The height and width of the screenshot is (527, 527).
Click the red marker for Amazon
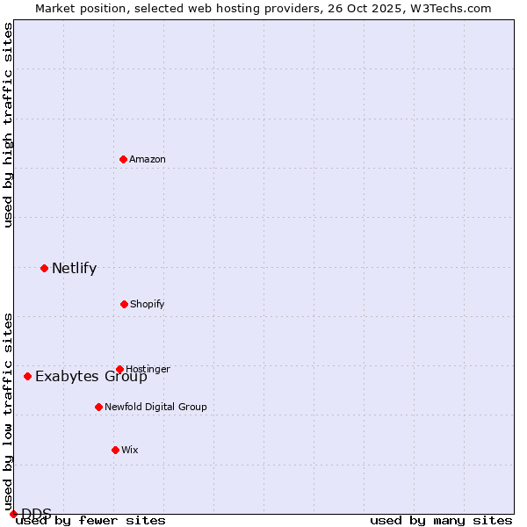pos(124,159)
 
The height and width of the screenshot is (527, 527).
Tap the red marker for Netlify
pos(44,268)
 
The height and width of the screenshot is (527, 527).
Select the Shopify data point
pos(124,304)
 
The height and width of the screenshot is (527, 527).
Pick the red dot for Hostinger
pos(119,369)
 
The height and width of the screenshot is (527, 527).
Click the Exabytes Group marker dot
pos(27,376)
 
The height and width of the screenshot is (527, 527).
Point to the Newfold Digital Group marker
pos(98,407)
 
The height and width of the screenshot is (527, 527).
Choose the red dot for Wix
pos(115,450)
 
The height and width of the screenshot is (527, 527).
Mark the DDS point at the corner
pos(13,514)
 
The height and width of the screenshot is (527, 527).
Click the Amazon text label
pos(148,159)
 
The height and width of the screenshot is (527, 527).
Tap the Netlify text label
pos(74,269)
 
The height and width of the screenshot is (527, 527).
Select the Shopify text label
pos(148,304)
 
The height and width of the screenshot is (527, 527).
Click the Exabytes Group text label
pos(91,377)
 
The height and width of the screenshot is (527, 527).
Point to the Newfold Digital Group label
pos(155,407)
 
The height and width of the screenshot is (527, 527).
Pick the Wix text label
pos(130,450)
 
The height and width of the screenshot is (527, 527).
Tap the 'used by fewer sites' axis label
pos(90,520)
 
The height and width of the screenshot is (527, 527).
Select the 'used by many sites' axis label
pos(441,520)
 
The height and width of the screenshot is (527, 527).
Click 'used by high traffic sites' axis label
pos(8,125)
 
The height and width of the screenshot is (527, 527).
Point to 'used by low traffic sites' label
pos(8,411)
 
